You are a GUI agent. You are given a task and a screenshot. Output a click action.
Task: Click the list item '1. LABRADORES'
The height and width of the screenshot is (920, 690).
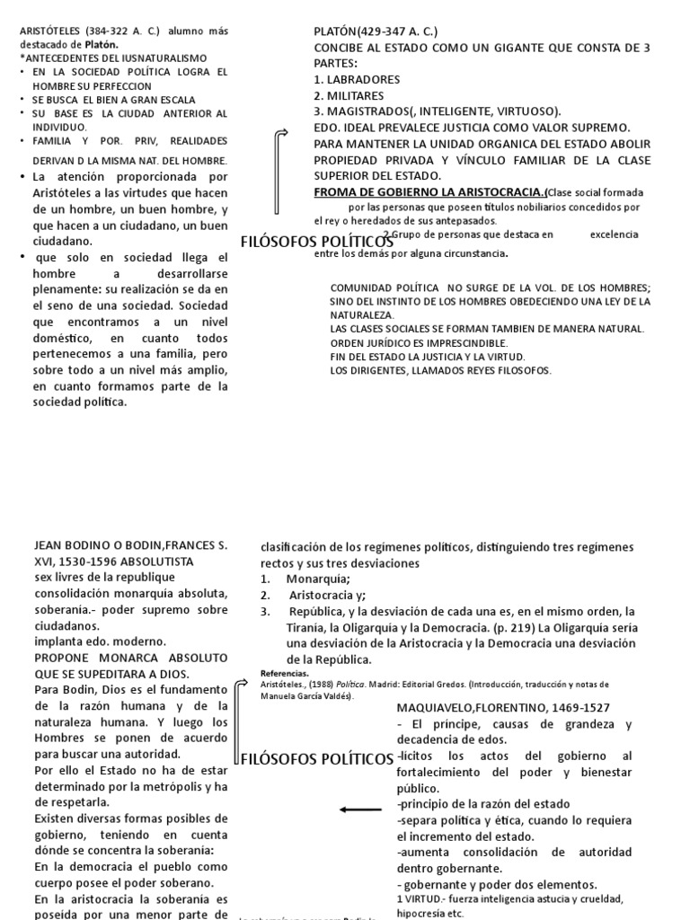pyautogui.click(x=358, y=79)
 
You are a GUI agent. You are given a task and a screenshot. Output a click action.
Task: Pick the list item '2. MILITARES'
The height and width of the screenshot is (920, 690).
pyautogui.click(x=349, y=95)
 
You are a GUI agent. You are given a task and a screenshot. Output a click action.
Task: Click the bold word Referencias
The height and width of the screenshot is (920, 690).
pyautogui.click(x=284, y=672)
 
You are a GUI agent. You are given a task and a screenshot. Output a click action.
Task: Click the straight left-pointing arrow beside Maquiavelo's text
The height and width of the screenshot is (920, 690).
pyautogui.click(x=361, y=809)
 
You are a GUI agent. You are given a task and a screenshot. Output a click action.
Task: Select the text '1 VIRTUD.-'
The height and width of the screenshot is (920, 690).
pyautogui.click(x=421, y=898)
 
